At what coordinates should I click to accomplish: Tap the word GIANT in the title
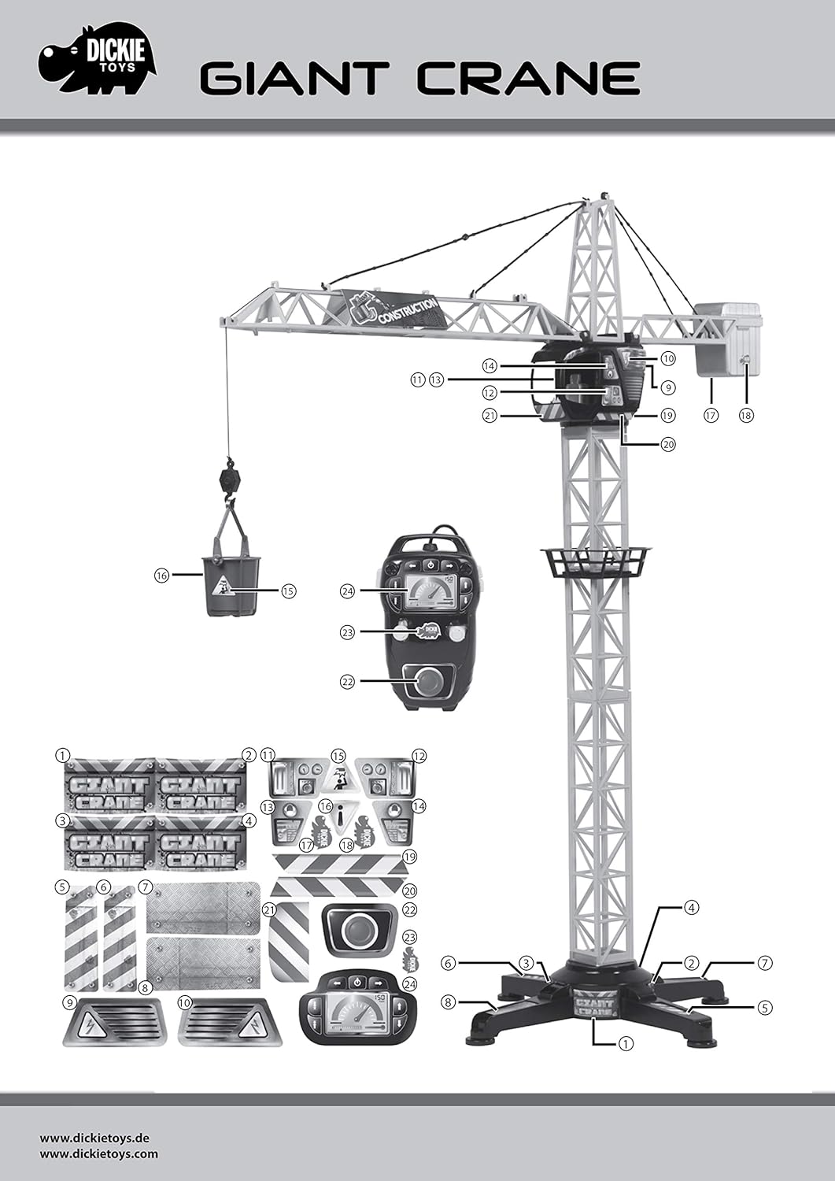[x=294, y=79]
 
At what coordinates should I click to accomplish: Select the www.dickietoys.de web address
[x=94, y=1138]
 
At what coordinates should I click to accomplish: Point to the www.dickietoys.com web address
[x=98, y=1154]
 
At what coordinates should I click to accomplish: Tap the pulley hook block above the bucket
[x=228, y=476]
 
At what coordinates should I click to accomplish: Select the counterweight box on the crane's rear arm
[x=729, y=339]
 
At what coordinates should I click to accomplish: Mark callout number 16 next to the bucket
[x=161, y=576]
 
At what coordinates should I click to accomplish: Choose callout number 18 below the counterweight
[x=746, y=414]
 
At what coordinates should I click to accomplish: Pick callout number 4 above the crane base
[x=690, y=907]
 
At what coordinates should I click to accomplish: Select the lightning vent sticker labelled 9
[x=112, y=1022]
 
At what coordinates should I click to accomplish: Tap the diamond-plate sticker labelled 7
[x=203, y=908]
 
